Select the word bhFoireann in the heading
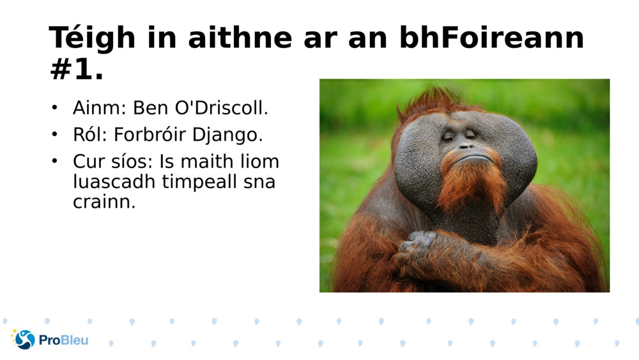coord(492,38)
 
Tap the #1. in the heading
coord(76,70)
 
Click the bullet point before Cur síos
coord(56,161)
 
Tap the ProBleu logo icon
coord(24,339)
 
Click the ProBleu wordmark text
coord(64,340)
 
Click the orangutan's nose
coord(465,145)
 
